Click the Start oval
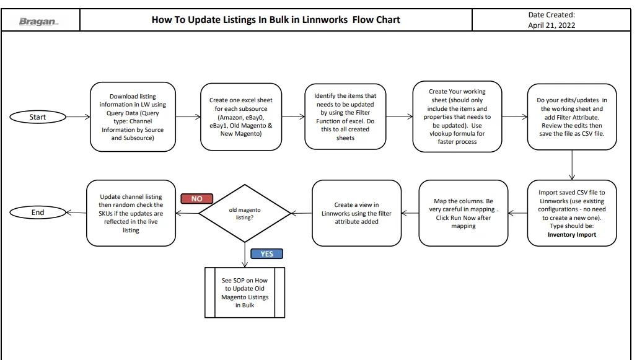pyautogui.click(x=38, y=117)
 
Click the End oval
pyautogui.click(x=38, y=212)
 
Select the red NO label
pyautogui.click(x=197, y=199)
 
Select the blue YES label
pyautogui.click(x=267, y=254)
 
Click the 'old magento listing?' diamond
pyautogui.click(x=245, y=213)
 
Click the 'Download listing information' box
pyautogui.click(x=133, y=117)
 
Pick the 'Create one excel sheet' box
pyautogui.click(x=241, y=117)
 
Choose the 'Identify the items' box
pyautogui.click(x=345, y=116)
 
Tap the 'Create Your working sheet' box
pyautogui.click(x=457, y=116)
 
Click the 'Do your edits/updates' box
pyautogui.click(x=572, y=116)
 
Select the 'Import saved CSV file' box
pyautogui.click(x=572, y=213)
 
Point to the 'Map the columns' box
pyautogui.click(x=463, y=213)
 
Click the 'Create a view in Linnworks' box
pyautogui.click(x=357, y=213)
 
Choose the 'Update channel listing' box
pyautogui.click(x=131, y=213)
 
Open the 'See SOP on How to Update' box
pyautogui.click(x=245, y=292)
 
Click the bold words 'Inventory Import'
pyautogui.click(x=572, y=235)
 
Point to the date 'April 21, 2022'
pyautogui.click(x=551, y=25)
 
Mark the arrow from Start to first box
pyautogui.click(x=79, y=117)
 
